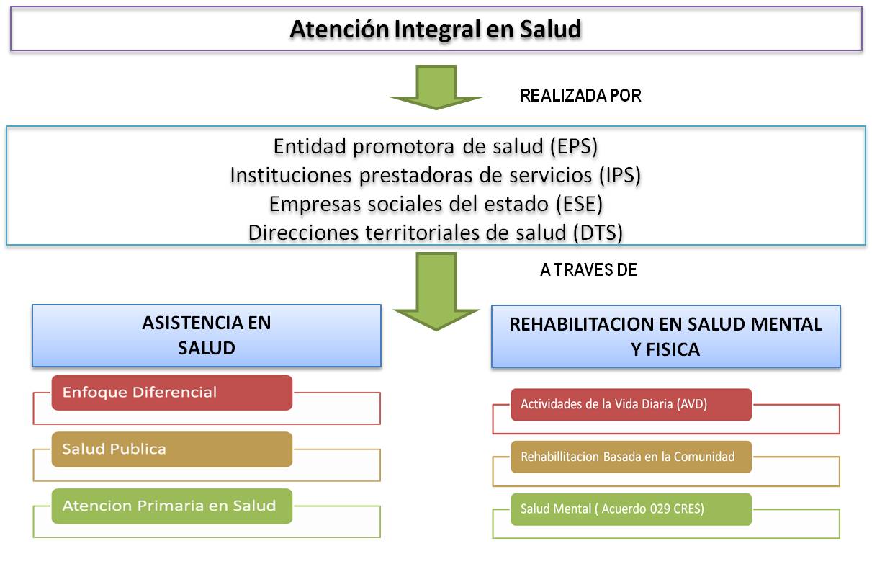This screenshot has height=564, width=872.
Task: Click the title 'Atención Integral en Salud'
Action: tap(436, 30)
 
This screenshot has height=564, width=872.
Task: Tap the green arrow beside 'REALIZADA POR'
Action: tap(436, 87)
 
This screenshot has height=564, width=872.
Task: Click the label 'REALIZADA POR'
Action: tap(580, 96)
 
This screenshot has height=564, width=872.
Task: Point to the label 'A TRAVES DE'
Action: tap(588, 270)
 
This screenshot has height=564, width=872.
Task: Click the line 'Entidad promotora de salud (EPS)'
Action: tap(436, 146)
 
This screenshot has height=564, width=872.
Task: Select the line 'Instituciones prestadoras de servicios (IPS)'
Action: tap(436, 175)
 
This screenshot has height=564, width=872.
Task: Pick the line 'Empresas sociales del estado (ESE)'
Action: tap(436, 204)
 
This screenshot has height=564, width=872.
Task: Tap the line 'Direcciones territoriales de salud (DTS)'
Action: tap(436, 233)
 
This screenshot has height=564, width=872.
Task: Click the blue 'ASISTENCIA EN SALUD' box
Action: tap(206, 336)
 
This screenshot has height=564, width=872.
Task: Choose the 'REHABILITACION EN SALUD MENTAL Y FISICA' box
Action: tap(665, 336)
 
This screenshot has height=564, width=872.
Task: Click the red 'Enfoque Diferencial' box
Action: tap(171, 393)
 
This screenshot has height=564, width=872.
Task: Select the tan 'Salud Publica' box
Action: tap(171, 449)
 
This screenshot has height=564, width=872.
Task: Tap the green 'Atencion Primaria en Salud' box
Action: tap(171, 506)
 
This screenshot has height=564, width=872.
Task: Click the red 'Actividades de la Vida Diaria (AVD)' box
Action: tap(631, 404)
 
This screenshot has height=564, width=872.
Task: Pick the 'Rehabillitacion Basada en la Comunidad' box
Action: tap(631, 457)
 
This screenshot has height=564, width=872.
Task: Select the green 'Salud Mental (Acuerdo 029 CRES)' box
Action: tap(631, 509)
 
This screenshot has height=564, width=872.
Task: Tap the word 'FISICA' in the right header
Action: tap(674, 350)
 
